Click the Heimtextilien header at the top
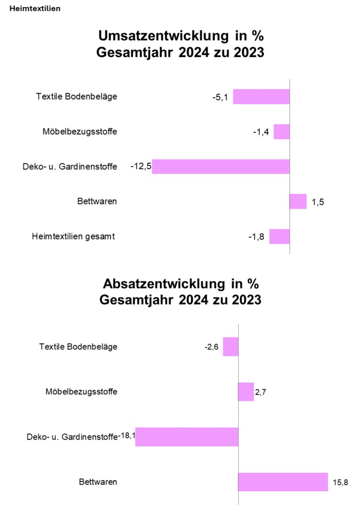pos(35,9)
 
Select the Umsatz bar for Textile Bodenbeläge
pos(261,97)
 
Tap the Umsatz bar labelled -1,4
pos(281,132)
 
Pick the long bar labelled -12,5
pos(221,166)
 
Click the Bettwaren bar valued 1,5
pos(298,202)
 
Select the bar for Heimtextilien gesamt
pos(280,237)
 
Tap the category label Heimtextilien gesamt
pos(73,237)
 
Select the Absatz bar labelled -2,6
pos(231,347)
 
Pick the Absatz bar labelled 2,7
pos(246,392)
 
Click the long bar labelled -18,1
pos(187,437)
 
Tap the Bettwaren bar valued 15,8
pos(283,482)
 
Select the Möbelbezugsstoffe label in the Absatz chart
pos(81,392)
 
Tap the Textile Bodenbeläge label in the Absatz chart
pos(78,347)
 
